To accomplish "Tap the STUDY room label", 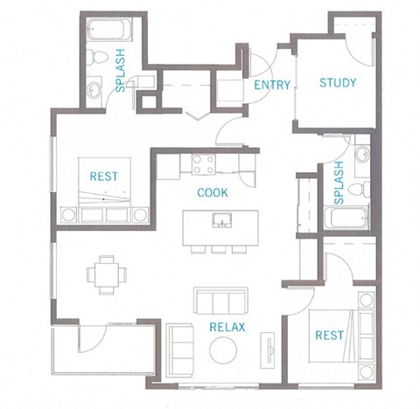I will [x=337, y=83].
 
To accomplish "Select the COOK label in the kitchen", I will [x=213, y=192].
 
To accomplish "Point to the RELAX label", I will [x=227, y=328].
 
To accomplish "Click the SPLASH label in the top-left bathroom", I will [x=120, y=71].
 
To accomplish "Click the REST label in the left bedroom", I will [x=104, y=177].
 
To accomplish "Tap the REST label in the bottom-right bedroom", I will [x=330, y=335].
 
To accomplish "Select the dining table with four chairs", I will [x=105, y=274].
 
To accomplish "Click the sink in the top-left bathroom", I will [x=94, y=88].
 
